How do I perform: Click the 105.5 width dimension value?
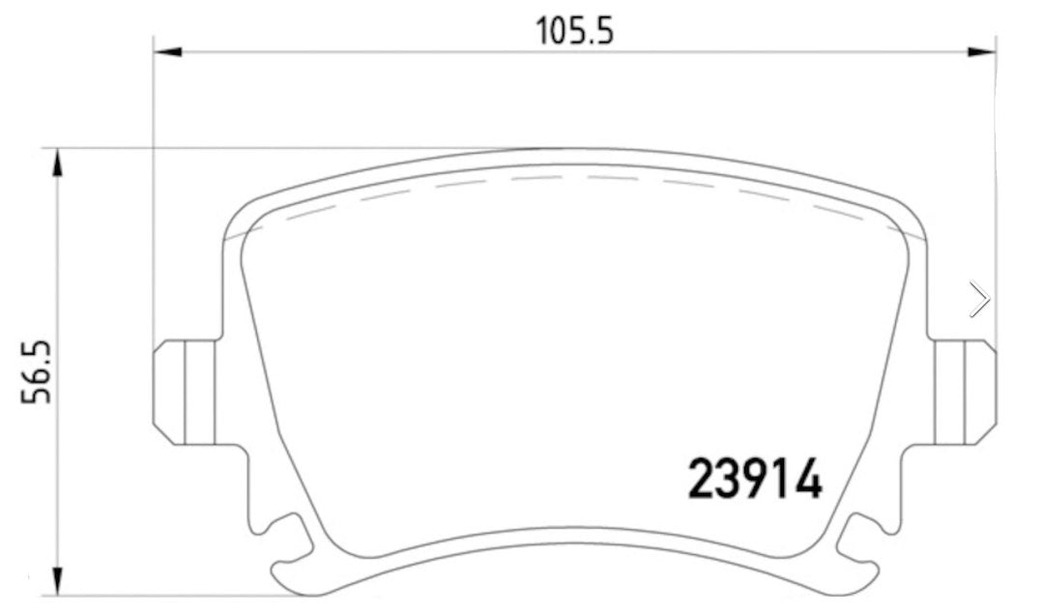click(575, 32)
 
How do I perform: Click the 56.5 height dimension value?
click(38, 372)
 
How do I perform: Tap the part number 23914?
click(754, 479)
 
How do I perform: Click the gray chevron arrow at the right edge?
click(979, 299)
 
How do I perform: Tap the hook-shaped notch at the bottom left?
click(290, 551)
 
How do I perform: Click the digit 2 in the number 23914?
click(702, 479)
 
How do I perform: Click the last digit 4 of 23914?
click(808, 479)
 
